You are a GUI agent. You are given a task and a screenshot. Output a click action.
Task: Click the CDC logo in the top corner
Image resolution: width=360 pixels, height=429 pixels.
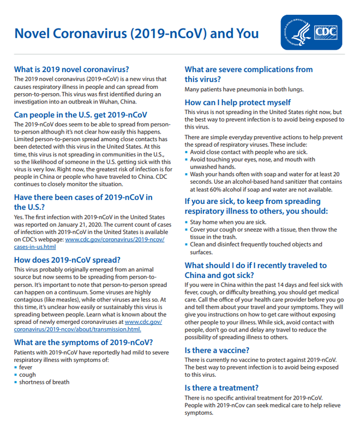point(311,33)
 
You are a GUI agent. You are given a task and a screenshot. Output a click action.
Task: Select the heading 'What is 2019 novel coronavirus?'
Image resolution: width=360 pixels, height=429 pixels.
point(71,69)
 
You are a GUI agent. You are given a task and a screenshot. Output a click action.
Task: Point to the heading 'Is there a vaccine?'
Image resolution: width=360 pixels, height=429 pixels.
point(217,350)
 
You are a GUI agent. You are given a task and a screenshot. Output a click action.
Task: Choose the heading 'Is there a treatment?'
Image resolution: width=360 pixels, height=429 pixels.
point(221,388)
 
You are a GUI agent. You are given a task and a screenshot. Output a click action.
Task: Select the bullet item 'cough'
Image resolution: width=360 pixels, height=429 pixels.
point(28,374)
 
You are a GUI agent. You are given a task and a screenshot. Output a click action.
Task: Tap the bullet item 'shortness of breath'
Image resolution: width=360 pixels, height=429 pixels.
point(44,382)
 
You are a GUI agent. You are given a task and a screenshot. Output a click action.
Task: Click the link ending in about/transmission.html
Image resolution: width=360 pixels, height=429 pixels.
point(77,329)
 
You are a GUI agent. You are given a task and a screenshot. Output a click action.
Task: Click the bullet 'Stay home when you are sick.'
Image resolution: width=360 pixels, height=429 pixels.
point(228,222)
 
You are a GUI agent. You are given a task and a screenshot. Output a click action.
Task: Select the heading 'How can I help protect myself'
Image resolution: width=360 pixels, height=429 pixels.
point(238,102)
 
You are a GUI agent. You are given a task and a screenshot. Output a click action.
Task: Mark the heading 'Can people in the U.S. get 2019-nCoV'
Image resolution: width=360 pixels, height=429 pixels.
point(80,115)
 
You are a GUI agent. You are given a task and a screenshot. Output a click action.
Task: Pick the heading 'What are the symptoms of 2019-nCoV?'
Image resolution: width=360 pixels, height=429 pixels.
point(83,342)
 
